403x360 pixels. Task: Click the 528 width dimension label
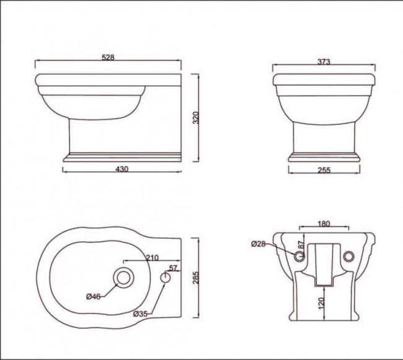pyautogui.click(x=108, y=57)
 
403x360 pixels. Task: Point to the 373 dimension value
pyautogui.click(x=324, y=61)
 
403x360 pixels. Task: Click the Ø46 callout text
pyautogui.click(x=93, y=296)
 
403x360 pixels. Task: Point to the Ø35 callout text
pyautogui.click(x=140, y=314)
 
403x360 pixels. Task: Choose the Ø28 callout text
pyautogui.click(x=259, y=244)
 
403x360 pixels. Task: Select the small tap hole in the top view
pyautogui.click(x=166, y=278)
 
